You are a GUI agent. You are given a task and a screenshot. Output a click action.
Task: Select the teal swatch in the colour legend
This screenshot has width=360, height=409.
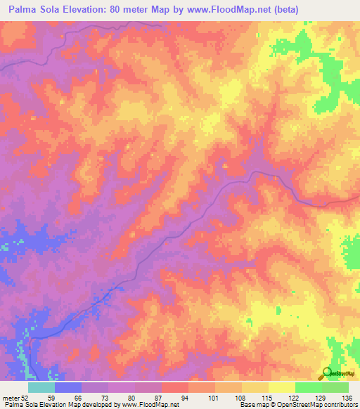click(41, 387)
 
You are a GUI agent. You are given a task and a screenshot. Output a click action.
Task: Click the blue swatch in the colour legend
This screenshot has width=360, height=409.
click(67, 387)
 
